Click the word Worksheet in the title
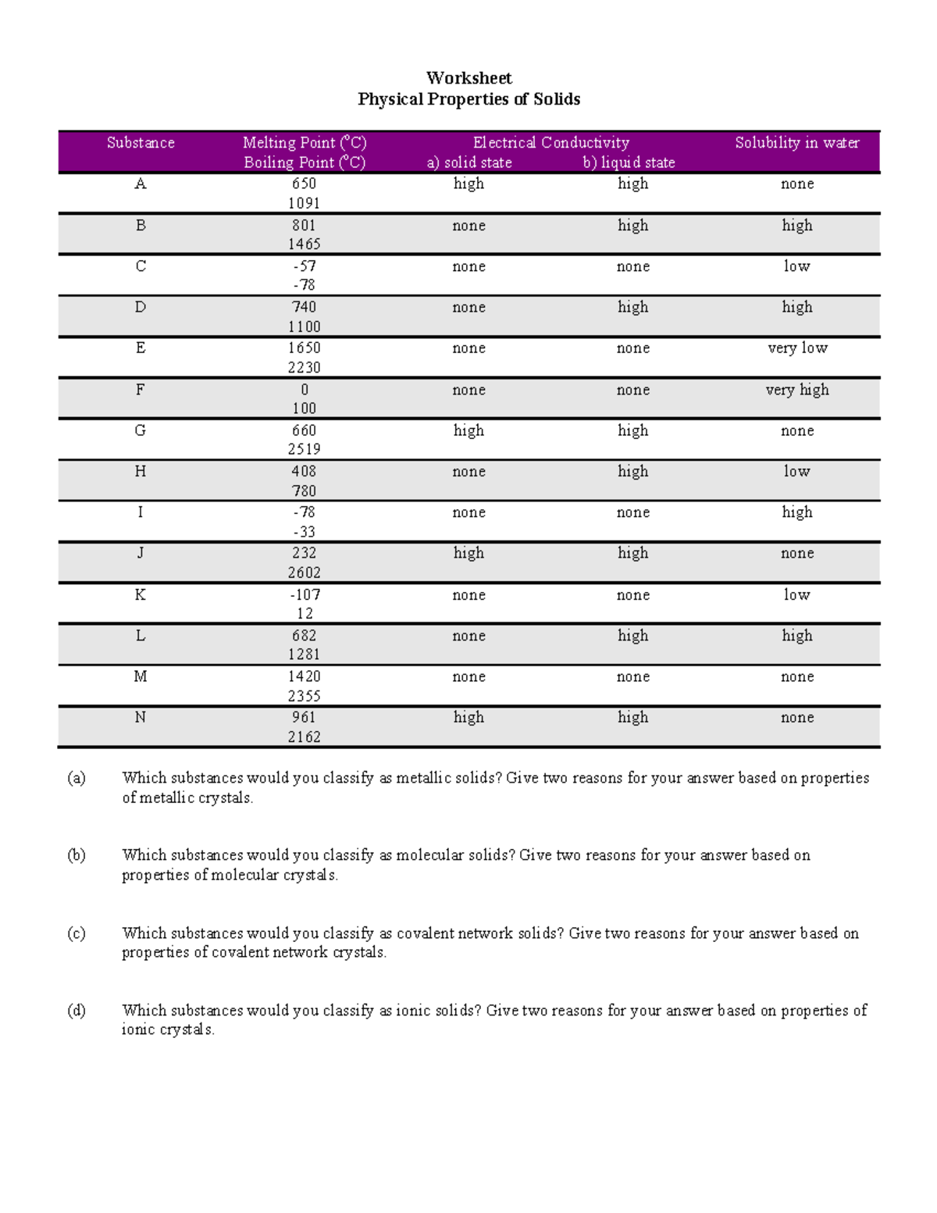pyautogui.click(x=468, y=78)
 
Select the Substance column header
pyautogui.click(x=141, y=143)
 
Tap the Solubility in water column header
pyautogui.click(x=796, y=143)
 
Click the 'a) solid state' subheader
pyautogui.click(x=468, y=162)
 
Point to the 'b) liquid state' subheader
pyautogui.click(x=629, y=162)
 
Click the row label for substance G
pyautogui.click(x=141, y=430)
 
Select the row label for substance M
pyautogui.click(x=141, y=676)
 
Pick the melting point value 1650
pyautogui.click(x=304, y=348)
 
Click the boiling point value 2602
pyautogui.click(x=304, y=573)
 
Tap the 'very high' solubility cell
pyautogui.click(x=796, y=390)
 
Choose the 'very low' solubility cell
pyautogui.click(x=796, y=348)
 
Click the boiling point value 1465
pyautogui.click(x=304, y=244)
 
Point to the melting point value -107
pyautogui.click(x=304, y=594)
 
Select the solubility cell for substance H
pyautogui.click(x=796, y=472)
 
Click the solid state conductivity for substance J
pyautogui.click(x=468, y=553)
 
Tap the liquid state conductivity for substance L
pyautogui.click(x=632, y=636)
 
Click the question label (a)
pyautogui.click(x=77, y=778)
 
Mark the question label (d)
pyautogui.click(x=77, y=1011)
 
